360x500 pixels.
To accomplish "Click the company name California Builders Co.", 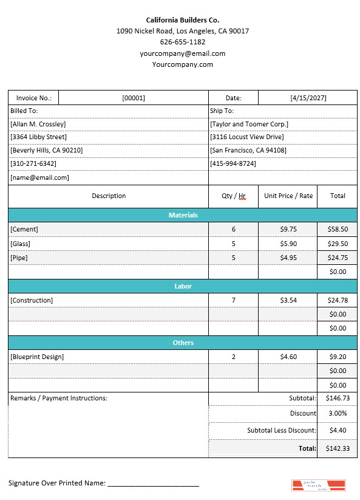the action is [182, 20].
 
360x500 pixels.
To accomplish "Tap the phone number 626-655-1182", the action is [182, 42].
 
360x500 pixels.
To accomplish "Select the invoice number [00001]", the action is [133, 98].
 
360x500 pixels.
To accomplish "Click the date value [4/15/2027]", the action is [307, 98].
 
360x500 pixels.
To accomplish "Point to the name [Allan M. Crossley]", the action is [38, 124].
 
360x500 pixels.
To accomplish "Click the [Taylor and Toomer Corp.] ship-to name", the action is [249, 124].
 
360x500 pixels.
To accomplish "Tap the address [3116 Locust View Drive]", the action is [246, 137].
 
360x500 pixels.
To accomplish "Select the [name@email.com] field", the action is [39, 178].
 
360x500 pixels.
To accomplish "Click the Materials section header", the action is [183, 215].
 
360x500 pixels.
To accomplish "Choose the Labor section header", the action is [183, 286].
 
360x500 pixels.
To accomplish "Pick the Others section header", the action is [183, 343].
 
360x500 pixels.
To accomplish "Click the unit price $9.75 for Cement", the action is [288, 229].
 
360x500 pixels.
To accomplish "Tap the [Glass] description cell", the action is [20, 244].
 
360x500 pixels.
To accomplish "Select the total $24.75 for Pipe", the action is [337, 258].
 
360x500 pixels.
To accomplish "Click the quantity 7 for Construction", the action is [233, 300].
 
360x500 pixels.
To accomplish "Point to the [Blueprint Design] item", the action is [37, 357].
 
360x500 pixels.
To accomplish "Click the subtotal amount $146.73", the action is [337, 399].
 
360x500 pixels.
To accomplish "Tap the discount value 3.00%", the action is [337, 413].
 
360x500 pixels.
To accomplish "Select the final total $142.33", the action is [337, 448].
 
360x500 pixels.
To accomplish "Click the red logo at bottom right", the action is [318, 485].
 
